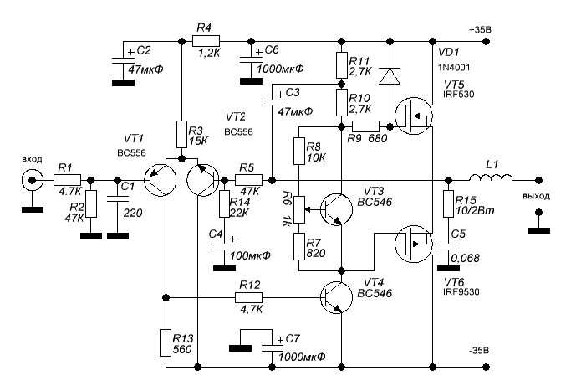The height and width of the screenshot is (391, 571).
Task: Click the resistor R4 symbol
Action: [x=206, y=39]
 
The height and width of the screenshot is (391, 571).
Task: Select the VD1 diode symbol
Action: [x=387, y=76]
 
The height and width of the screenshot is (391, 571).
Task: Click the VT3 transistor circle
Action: [x=338, y=208]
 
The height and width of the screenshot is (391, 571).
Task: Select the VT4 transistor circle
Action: [x=338, y=298]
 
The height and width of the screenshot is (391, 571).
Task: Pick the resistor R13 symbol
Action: [x=166, y=342]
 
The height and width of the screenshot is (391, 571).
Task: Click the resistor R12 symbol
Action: [x=249, y=297]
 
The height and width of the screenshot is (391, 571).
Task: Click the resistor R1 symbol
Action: [x=68, y=179]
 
